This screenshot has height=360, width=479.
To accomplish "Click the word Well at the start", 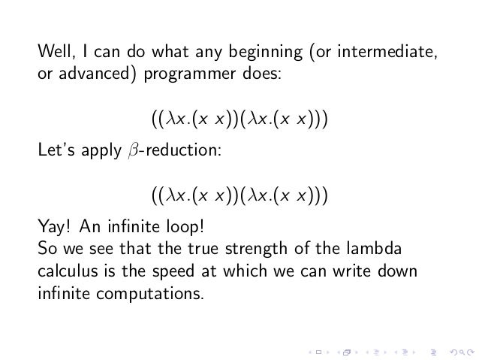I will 54,53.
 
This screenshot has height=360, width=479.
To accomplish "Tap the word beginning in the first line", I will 236,53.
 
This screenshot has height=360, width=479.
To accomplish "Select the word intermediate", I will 385,53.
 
